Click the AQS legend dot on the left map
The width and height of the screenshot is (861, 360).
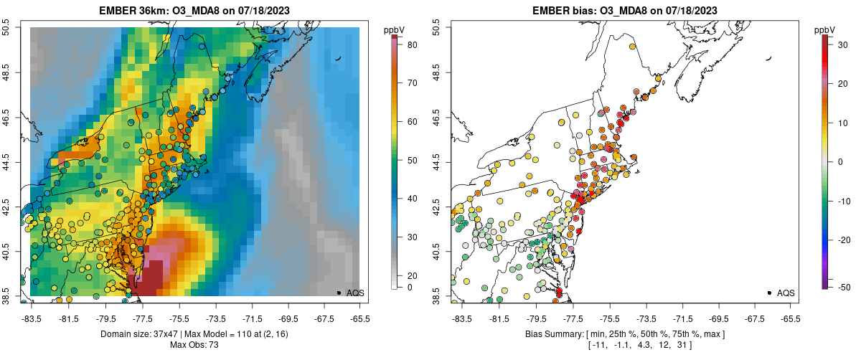click(x=339, y=293)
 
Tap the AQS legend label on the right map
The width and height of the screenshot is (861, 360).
click(x=786, y=293)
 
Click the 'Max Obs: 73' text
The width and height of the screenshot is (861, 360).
click(x=194, y=345)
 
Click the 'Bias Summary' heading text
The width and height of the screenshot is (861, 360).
click(x=554, y=334)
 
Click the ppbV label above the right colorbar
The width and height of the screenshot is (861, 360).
click(x=825, y=29)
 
